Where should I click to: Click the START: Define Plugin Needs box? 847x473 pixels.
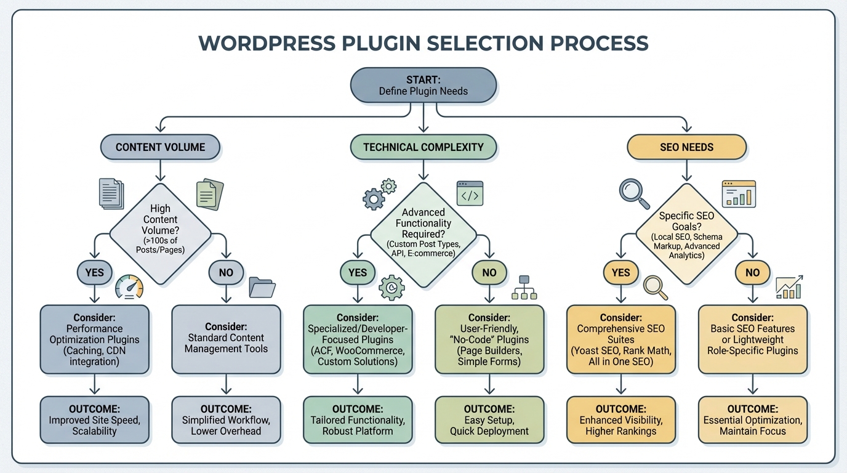pos(423,85)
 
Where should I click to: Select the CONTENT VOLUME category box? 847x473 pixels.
pos(160,147)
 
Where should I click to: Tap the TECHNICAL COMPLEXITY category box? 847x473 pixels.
pos(423,147)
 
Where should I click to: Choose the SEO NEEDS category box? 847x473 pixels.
pos(686,147)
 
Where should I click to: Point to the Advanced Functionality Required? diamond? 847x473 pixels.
pos(423,234)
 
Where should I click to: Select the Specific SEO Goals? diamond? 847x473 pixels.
pos(686,234)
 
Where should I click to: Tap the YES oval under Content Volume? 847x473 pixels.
pos(95,272)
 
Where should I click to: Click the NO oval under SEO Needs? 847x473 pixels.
pos(752,272)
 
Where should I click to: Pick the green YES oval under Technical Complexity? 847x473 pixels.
pos(357,272)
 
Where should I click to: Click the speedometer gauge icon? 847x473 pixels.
pos(129,287)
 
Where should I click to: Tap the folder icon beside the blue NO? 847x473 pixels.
pos(262,287)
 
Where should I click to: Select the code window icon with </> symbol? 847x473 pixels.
pos(470,193)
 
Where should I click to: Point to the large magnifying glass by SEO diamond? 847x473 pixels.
pos(634,193)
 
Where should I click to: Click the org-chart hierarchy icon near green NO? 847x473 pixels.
pos(524,288)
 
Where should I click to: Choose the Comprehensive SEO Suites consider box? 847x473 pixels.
pos(620,339)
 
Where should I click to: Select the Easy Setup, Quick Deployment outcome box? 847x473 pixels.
pos(489,420)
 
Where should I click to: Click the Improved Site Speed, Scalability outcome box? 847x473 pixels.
pos(94,420)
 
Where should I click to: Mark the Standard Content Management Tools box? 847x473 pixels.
pos(226,339)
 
